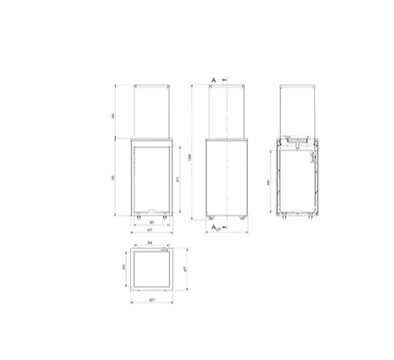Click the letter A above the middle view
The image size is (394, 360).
click(x=214, y=78)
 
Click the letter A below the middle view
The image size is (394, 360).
click(x=213, y=228)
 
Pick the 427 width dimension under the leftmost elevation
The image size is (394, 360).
click(x=152, y=231)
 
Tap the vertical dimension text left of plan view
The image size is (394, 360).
click(x=123, y=267)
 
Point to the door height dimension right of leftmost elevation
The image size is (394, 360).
click(x=179, y=178)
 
